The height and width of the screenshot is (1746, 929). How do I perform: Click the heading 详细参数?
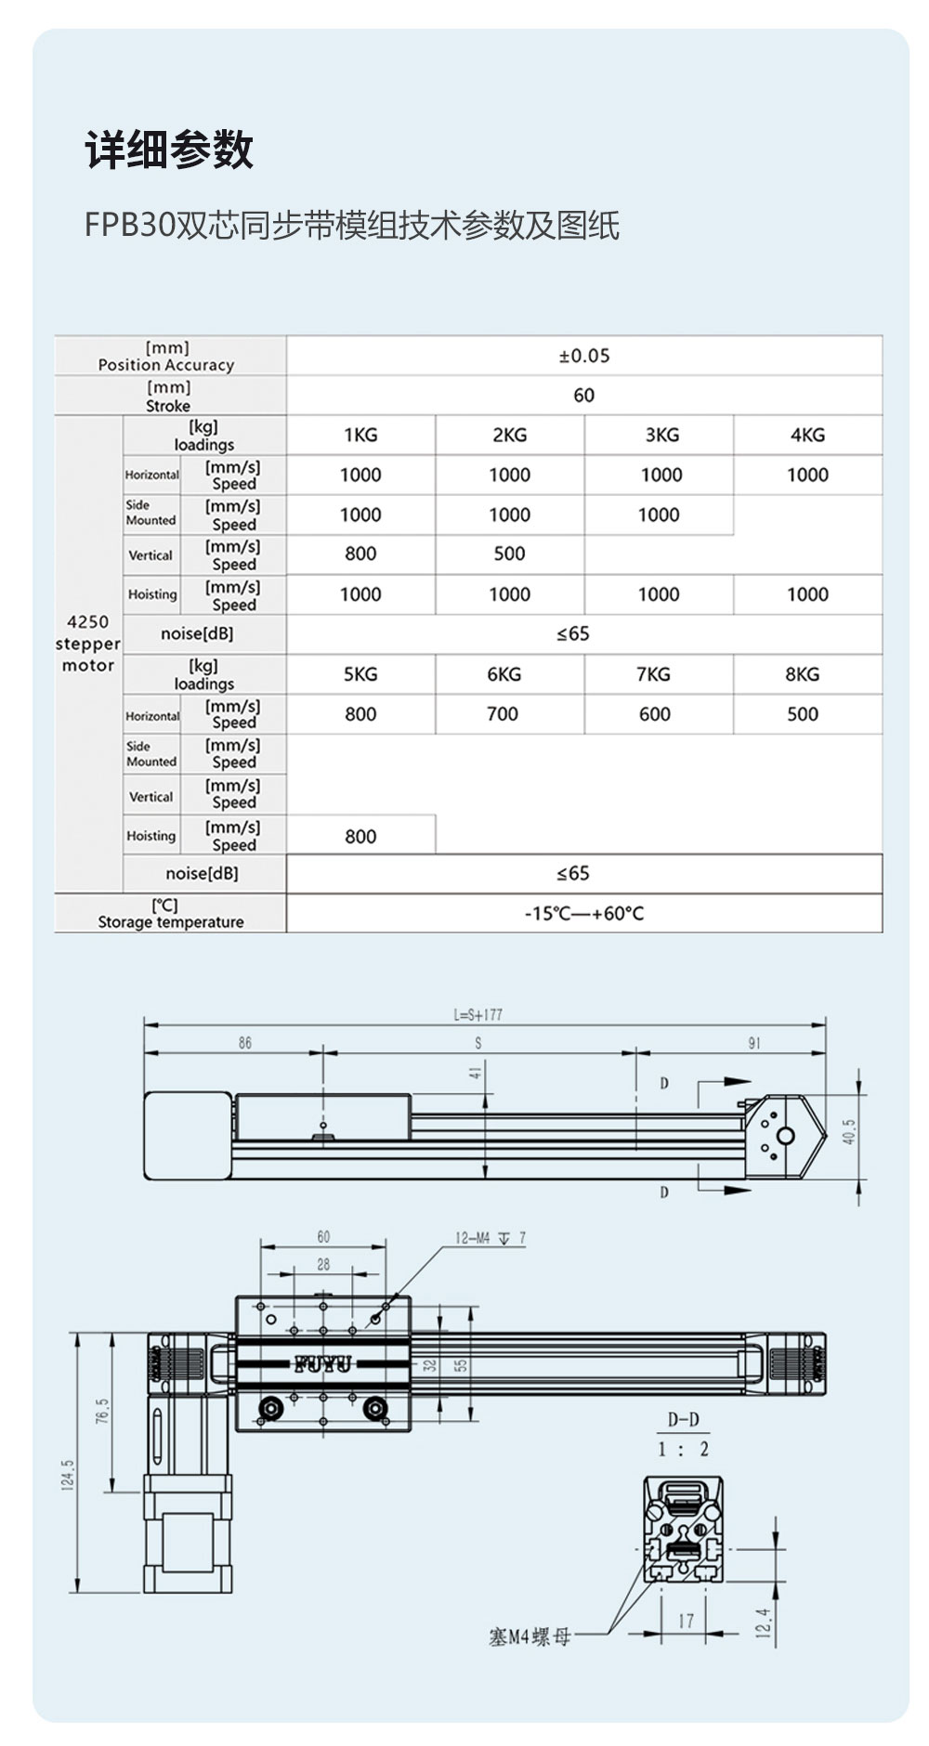pyautogui.click(x=169, y=150)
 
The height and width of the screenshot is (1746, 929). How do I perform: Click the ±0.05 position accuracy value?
pyautogui.click(x=584, y=356)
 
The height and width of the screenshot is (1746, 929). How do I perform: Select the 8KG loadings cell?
pyautogui.click(x=802, y=674)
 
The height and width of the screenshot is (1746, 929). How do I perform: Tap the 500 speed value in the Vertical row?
pyautogui.click(x=509, y=554)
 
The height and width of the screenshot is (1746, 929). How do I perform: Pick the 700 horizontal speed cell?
pyautogui.click(x=503, y=714)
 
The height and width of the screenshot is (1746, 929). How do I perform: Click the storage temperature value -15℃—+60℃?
pyautogui.click(x=584, y=913)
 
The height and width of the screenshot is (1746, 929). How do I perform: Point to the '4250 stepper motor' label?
pyautogui.click(x=88, y=644)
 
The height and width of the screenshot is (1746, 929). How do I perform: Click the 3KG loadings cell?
pyautogui.click(x=661, y=435)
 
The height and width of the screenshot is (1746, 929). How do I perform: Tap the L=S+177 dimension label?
pyautogui.click(x=478, y=1015)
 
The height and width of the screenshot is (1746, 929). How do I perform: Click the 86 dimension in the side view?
pyautogui.click(x=244, y=1043)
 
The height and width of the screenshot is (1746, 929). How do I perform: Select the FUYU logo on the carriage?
pyautogui.click(x=323, y=1364)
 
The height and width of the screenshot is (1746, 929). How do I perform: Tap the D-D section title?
pyautogui.click(x=683, y=1420)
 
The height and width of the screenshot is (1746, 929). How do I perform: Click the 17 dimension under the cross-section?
pyautogui.click(x=686, y=1621)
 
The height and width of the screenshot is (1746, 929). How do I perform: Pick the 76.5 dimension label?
pyautogui.click(x=102, y=1411)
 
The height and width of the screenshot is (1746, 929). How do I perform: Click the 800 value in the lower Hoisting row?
pyautogui.click(x=360, y=836)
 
